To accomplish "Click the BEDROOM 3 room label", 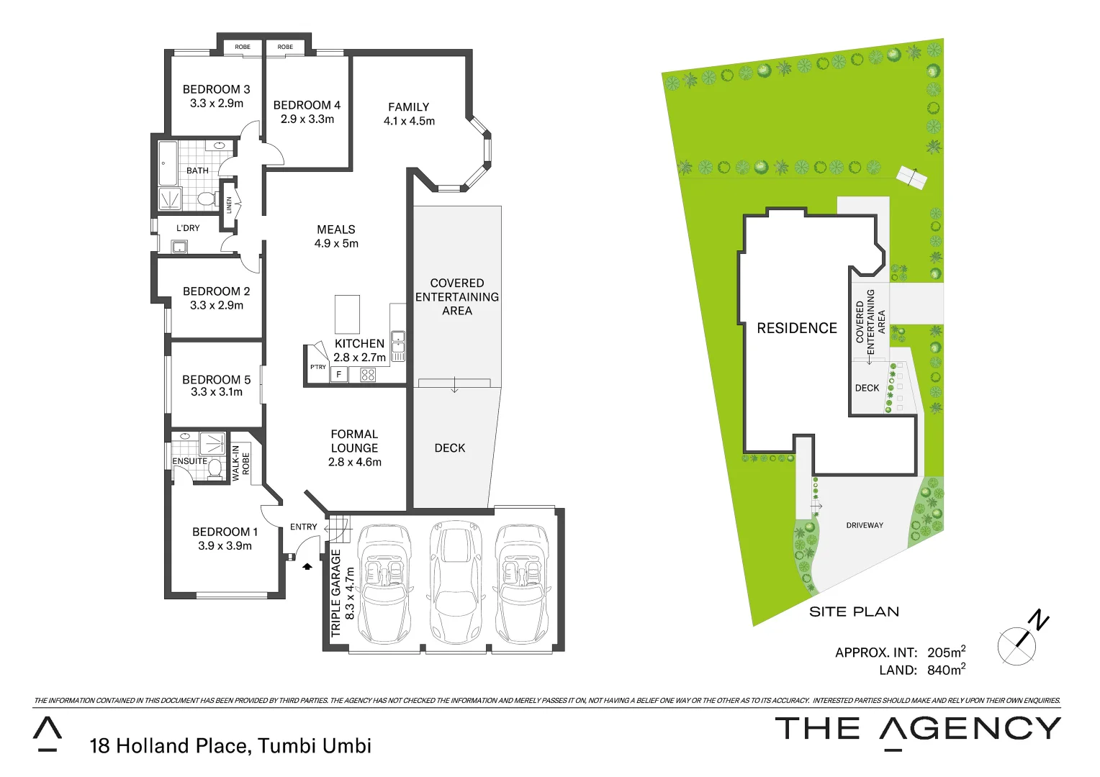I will click(216, 89).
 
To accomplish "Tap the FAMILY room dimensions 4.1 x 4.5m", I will click(409, 121).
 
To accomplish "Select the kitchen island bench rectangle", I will click(347, 314).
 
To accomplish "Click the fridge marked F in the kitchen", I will click(339, 374).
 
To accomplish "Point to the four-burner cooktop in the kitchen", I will click(368, 374).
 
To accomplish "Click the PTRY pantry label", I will click(317, 367).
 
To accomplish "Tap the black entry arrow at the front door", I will click(307, 566).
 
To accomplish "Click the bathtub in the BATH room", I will click(168, 163).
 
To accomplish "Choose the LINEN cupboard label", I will click(230, 205).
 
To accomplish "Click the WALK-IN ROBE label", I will click(240, 463).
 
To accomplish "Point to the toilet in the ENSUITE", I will click(214, 468).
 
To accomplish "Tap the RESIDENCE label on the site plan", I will click(796, 328).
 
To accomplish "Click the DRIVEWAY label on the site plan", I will click(864, 525).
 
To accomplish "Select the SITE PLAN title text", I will click(854, 612).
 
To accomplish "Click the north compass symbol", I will click(1019, 643).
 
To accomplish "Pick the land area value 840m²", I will click(945, 670).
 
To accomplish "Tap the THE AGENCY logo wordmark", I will click(917, 729).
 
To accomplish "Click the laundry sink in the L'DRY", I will click(179, 247).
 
